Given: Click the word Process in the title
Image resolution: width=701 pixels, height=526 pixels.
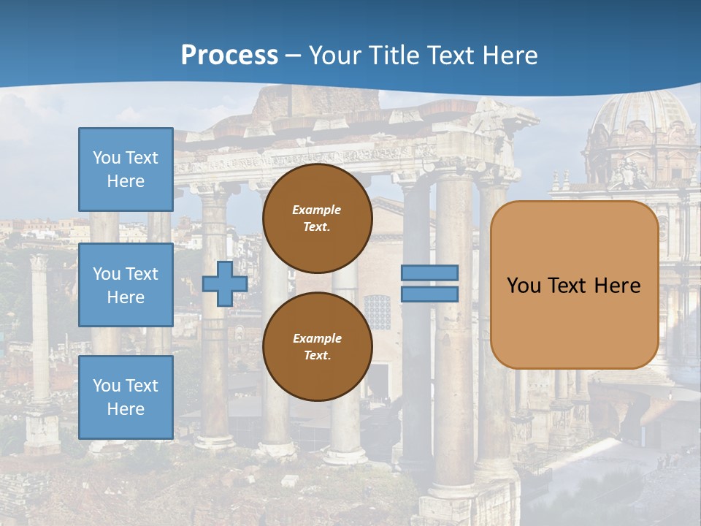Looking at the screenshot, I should click(x=229, y=56).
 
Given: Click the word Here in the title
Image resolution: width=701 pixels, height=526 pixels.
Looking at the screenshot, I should click(x=509, y=56).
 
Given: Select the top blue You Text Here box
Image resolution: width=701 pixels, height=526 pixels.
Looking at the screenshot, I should click(x=126, y=169).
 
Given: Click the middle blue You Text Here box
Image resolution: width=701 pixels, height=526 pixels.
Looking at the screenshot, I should click(x=126, y=285).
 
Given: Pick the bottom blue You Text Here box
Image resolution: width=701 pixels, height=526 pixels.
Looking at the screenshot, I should click(x=126, y=397).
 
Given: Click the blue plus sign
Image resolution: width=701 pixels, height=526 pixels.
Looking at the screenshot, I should click(x=224, y=283).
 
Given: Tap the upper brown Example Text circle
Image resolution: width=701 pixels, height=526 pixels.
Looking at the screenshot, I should click(x=317, y=218).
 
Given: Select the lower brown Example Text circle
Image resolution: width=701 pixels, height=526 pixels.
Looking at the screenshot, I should click(x=317, y=346).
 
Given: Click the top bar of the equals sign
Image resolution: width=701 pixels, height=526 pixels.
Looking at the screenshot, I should click(x=429, y=272).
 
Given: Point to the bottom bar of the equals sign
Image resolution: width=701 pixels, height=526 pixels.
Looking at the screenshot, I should click(x=429, y=294).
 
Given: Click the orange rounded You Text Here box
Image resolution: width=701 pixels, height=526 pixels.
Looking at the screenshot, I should click(x=574, y=285).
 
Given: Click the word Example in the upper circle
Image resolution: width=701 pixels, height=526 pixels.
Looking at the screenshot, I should click(x=316, y=210).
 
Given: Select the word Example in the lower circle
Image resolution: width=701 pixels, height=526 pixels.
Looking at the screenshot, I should click(x=317, y=338).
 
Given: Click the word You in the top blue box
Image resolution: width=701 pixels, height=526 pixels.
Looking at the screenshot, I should click(x=106, y=158).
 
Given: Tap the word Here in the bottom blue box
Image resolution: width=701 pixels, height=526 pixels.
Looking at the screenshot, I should click(x=126, y=409).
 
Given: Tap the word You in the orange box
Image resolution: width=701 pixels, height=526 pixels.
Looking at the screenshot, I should click(x=523, y=286).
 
